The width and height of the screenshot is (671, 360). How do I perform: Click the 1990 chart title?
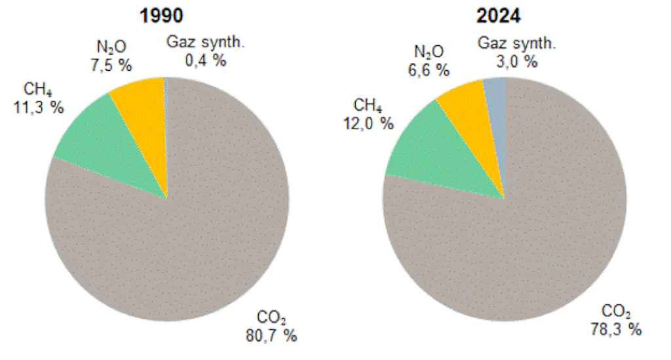coord(161,15)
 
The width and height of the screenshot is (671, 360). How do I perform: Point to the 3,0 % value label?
coord(514,62)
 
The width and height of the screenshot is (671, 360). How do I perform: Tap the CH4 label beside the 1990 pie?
coord(37,89)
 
